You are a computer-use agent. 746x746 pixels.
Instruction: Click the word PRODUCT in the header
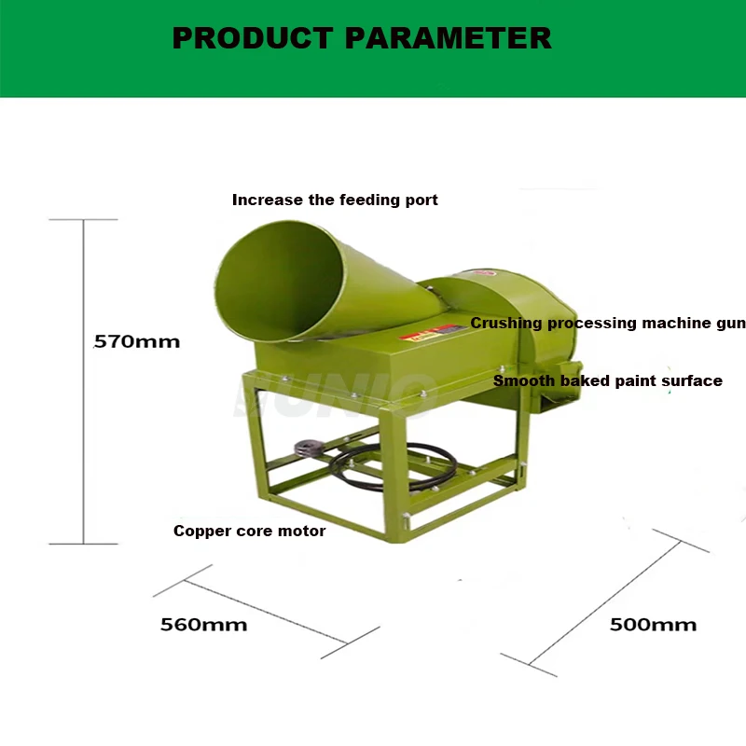point(252,38)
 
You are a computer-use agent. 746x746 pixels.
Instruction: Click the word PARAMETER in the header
point(448,38)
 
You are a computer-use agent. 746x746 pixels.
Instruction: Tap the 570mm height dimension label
point(137,341)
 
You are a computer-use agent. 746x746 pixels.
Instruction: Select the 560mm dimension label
point(203,625)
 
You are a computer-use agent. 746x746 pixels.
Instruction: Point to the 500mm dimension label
point(653,625)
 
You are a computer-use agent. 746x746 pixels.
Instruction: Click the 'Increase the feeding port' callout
point(335,200)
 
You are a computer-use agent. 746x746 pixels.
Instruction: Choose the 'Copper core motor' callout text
point(249,531)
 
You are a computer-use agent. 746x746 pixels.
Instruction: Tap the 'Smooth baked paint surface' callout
point(607,380)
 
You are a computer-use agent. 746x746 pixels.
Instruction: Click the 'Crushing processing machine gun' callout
point(607,324)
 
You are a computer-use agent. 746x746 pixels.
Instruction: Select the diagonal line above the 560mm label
point(266,611)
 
